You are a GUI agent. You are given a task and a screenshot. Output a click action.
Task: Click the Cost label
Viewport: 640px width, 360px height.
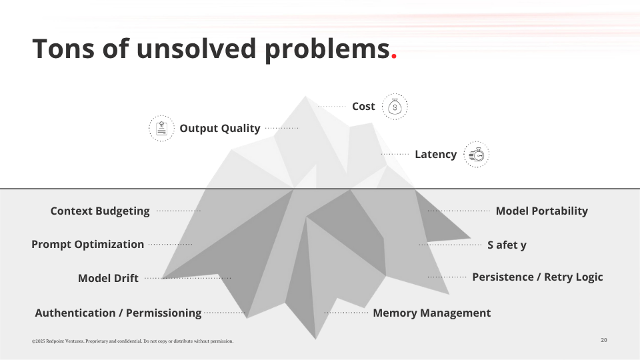tap(363, 107)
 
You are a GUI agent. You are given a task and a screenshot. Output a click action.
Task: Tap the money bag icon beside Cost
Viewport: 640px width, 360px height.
tap(395, 107)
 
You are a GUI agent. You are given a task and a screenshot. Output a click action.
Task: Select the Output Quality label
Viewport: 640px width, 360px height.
tap(219, 128)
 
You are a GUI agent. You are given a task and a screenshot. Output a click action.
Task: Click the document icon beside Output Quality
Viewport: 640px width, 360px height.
tap(161, 128)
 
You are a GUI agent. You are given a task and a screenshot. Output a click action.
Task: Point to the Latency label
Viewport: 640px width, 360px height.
tap(435, 155)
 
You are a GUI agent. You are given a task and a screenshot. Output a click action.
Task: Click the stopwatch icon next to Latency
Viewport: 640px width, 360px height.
tap(477, 155)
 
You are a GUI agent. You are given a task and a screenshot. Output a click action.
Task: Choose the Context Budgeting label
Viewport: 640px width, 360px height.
tap(100, 211)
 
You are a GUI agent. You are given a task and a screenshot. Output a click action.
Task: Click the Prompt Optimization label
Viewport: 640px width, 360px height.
tap(87, 245)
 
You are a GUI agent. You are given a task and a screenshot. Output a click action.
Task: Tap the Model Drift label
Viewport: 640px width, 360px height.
tap(108, 279)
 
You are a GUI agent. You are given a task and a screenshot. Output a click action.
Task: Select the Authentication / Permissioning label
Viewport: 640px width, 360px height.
tap(118, 313)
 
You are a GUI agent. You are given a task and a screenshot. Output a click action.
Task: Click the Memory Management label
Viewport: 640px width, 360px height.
tap(431, 313)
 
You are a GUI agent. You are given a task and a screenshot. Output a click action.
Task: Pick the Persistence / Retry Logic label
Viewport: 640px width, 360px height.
tap(537, 277)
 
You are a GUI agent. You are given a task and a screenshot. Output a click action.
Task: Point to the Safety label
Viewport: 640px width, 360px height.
tap(507, 245)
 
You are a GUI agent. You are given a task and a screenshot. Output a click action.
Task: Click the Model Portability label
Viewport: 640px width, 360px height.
tap(541, 211)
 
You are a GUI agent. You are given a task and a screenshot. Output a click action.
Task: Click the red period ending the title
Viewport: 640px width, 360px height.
tap(394, 57)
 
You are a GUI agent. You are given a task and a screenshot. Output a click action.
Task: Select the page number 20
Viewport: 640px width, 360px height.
tap(603, 340)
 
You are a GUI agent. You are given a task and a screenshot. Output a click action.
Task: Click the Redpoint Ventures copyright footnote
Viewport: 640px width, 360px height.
tap(133, 341)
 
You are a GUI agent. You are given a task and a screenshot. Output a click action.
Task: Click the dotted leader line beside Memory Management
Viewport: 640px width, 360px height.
tap(346, 313)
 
